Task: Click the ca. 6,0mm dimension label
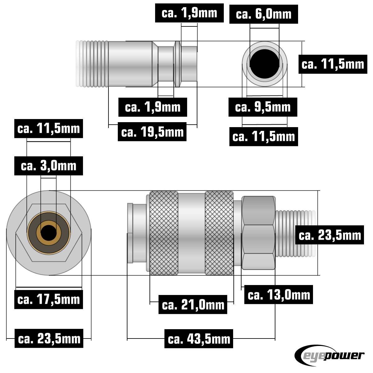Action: pyautogui.click(x=264, y=14)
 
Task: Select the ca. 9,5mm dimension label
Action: pyautogui.click(x=263, y=107)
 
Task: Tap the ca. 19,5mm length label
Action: pyautogui.click(x=152, y=132)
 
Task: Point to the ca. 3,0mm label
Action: pyautogui.click(x=49, y=166)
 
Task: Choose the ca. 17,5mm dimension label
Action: pyautogui.click(x=49, y=300)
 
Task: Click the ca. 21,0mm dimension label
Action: pyautogui.click(x=193, y=305)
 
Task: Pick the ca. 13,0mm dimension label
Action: pyautogui.click(x=279, y=295)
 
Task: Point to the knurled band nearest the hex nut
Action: pyautogui.click(x=219, y=233)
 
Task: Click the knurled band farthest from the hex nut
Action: pyautogui.click(x=164, y=233)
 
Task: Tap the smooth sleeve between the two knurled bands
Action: pyautogui.click(x=191, y=233)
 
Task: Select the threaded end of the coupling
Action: pyautogui.click(x=295, y=233)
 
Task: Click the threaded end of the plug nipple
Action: pyautogui.click(x=92, y=64)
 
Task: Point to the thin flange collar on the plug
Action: pyautogui.click(x=177, y=64)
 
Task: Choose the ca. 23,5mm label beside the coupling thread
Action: pyautogui.click(x=330, y=235)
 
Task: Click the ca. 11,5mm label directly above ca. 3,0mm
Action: pyautogui.click(x=49, y=128)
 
